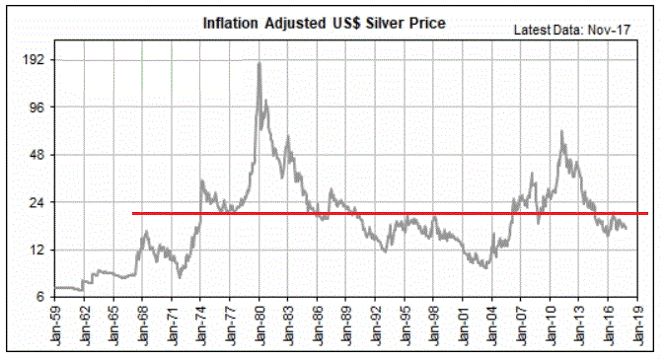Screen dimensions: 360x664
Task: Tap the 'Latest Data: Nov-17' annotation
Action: [x=573, y=30]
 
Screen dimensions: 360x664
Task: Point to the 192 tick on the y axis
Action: [x=34, y=60]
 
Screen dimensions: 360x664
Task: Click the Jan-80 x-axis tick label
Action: [x=258, y=326]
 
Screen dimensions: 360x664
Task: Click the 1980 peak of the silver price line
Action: [x=258, y=63]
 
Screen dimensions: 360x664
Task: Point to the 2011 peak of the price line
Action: [x=561, y=131]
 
